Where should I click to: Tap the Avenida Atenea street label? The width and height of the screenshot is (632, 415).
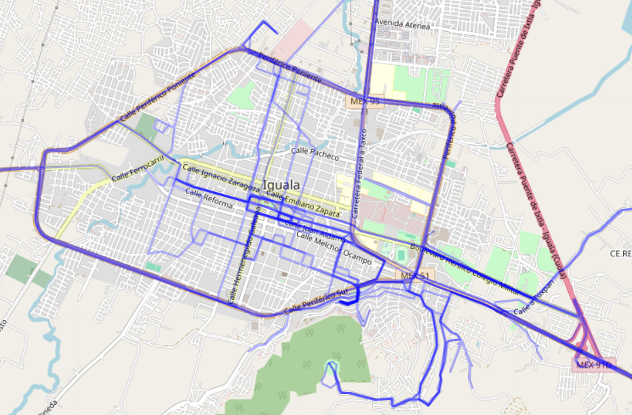click(403, 24)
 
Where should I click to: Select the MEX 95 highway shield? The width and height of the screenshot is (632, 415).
click(364, 102)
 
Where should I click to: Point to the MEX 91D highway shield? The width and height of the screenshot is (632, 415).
click(594, 365)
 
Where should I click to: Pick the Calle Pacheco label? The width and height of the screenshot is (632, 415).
click(315, 154)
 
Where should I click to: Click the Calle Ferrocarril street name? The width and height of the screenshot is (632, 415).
click(138, 168)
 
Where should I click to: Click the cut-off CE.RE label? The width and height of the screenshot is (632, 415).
click(620, 254)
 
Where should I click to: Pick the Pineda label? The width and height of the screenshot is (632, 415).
click(46, 409)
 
